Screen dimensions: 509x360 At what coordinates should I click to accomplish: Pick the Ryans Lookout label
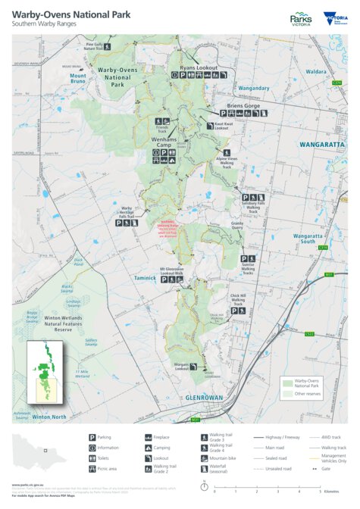199,67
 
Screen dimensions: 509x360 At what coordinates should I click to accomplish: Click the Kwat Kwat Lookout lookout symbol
209,125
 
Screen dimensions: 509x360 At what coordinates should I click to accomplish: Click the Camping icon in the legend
148,448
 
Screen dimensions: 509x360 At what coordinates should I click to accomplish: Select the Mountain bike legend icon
204,459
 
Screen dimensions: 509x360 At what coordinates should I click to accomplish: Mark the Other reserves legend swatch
286,394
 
